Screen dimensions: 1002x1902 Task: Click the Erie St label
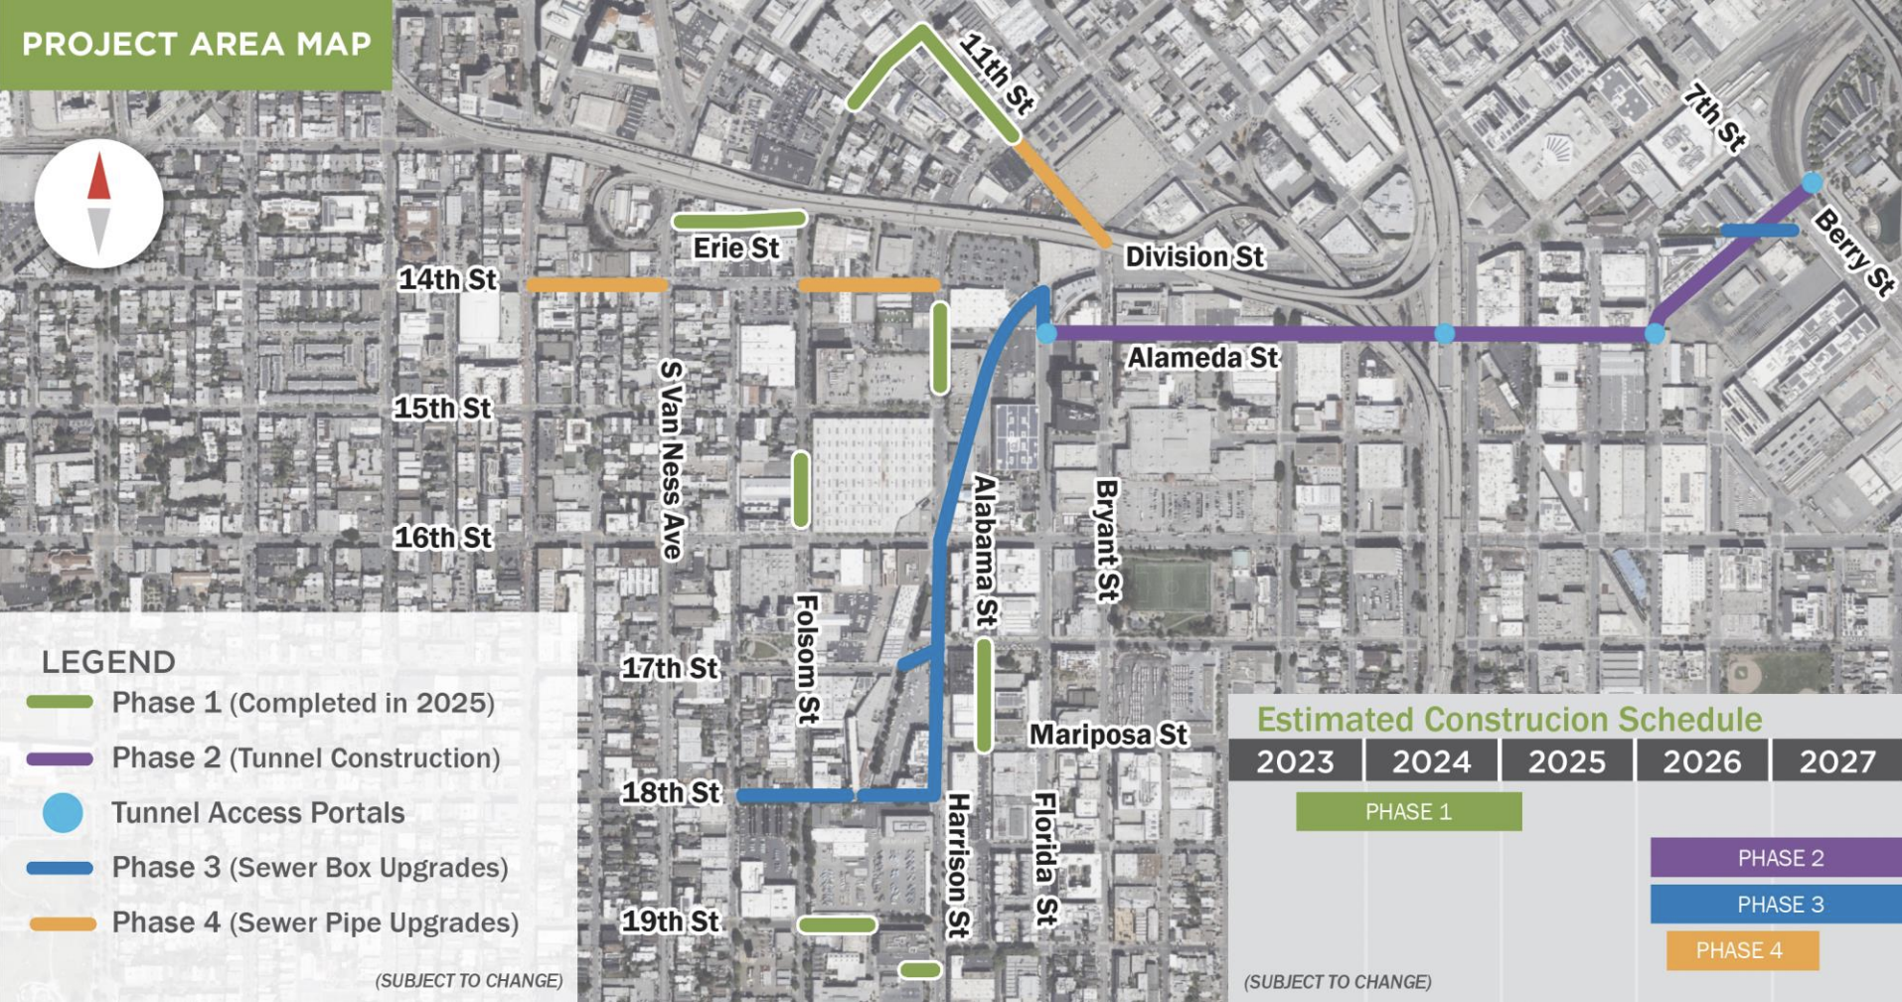736,248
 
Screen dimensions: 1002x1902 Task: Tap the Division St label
1193,256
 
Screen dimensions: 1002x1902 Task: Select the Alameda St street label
1202,357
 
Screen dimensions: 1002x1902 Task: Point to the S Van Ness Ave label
673,459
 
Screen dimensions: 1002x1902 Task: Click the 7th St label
1714,118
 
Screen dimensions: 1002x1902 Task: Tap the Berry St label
1853,252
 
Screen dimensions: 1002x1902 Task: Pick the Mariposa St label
1108,735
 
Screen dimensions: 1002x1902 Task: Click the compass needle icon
98,203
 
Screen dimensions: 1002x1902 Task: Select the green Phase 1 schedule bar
1408,811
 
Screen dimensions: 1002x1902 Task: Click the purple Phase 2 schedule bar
1776,857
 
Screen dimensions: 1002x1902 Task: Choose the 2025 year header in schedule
1566,761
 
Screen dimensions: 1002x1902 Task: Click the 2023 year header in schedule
1295,761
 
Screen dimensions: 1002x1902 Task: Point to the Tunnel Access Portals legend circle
63,813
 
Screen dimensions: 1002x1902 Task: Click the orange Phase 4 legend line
62,923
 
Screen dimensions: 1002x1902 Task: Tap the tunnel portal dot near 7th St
1813,183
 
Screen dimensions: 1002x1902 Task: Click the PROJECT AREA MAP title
196,44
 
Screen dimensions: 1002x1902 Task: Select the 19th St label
670,921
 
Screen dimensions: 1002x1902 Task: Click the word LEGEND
108,662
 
